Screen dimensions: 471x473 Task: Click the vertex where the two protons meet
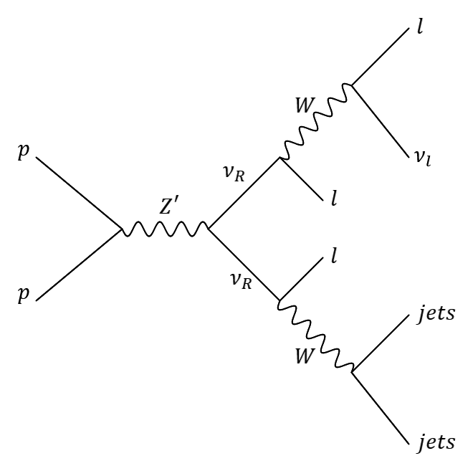(x=121, y=230)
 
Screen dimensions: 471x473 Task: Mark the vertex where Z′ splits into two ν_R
(x=209, y=230)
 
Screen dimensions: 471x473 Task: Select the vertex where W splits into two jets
(x=352, y=372)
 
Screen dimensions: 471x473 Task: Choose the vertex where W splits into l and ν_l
(x=350, y=85)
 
